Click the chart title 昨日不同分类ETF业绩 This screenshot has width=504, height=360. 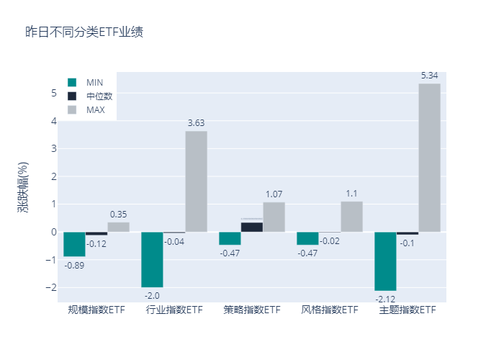(84, 32)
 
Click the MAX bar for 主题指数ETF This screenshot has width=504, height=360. (429, 158)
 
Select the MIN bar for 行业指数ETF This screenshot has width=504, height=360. (152, 259)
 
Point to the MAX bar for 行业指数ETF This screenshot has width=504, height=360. (196, 181)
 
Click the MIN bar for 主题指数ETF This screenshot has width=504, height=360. (385, 261)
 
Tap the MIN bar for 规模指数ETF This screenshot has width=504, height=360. (74, 244)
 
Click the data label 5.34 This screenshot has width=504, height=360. (429, 76)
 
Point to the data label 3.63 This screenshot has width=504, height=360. (196, 123)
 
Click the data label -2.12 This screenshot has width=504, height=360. (385, 297)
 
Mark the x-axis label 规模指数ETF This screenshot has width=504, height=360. (96, 310)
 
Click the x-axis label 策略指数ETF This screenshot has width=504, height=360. (251, 310)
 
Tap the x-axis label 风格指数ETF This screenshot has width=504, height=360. (329, 310)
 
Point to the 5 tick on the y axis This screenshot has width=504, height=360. (53, 93)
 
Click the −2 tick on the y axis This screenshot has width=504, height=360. (51, 287)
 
